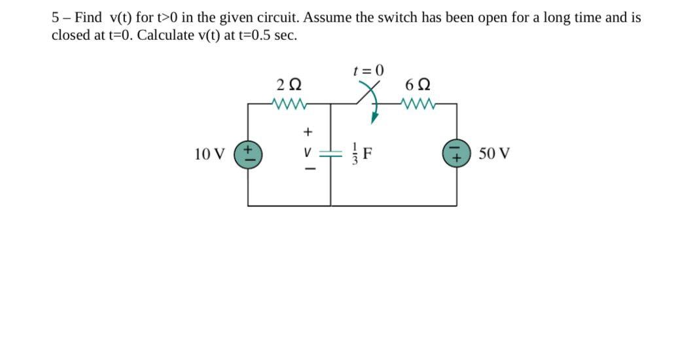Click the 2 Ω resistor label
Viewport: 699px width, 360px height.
[289, 84]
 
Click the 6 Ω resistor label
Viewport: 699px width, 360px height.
[418, 84]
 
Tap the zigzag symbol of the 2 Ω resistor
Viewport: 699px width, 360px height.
[288, 103]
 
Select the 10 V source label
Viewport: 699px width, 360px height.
[209, 154]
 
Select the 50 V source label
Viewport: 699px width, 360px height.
[494, 154]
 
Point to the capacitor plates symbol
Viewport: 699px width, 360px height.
[331, 154]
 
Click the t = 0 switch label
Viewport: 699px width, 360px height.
[368, 70]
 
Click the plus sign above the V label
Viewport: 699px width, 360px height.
[305, 132]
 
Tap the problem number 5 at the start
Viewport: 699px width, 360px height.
[56, 18]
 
